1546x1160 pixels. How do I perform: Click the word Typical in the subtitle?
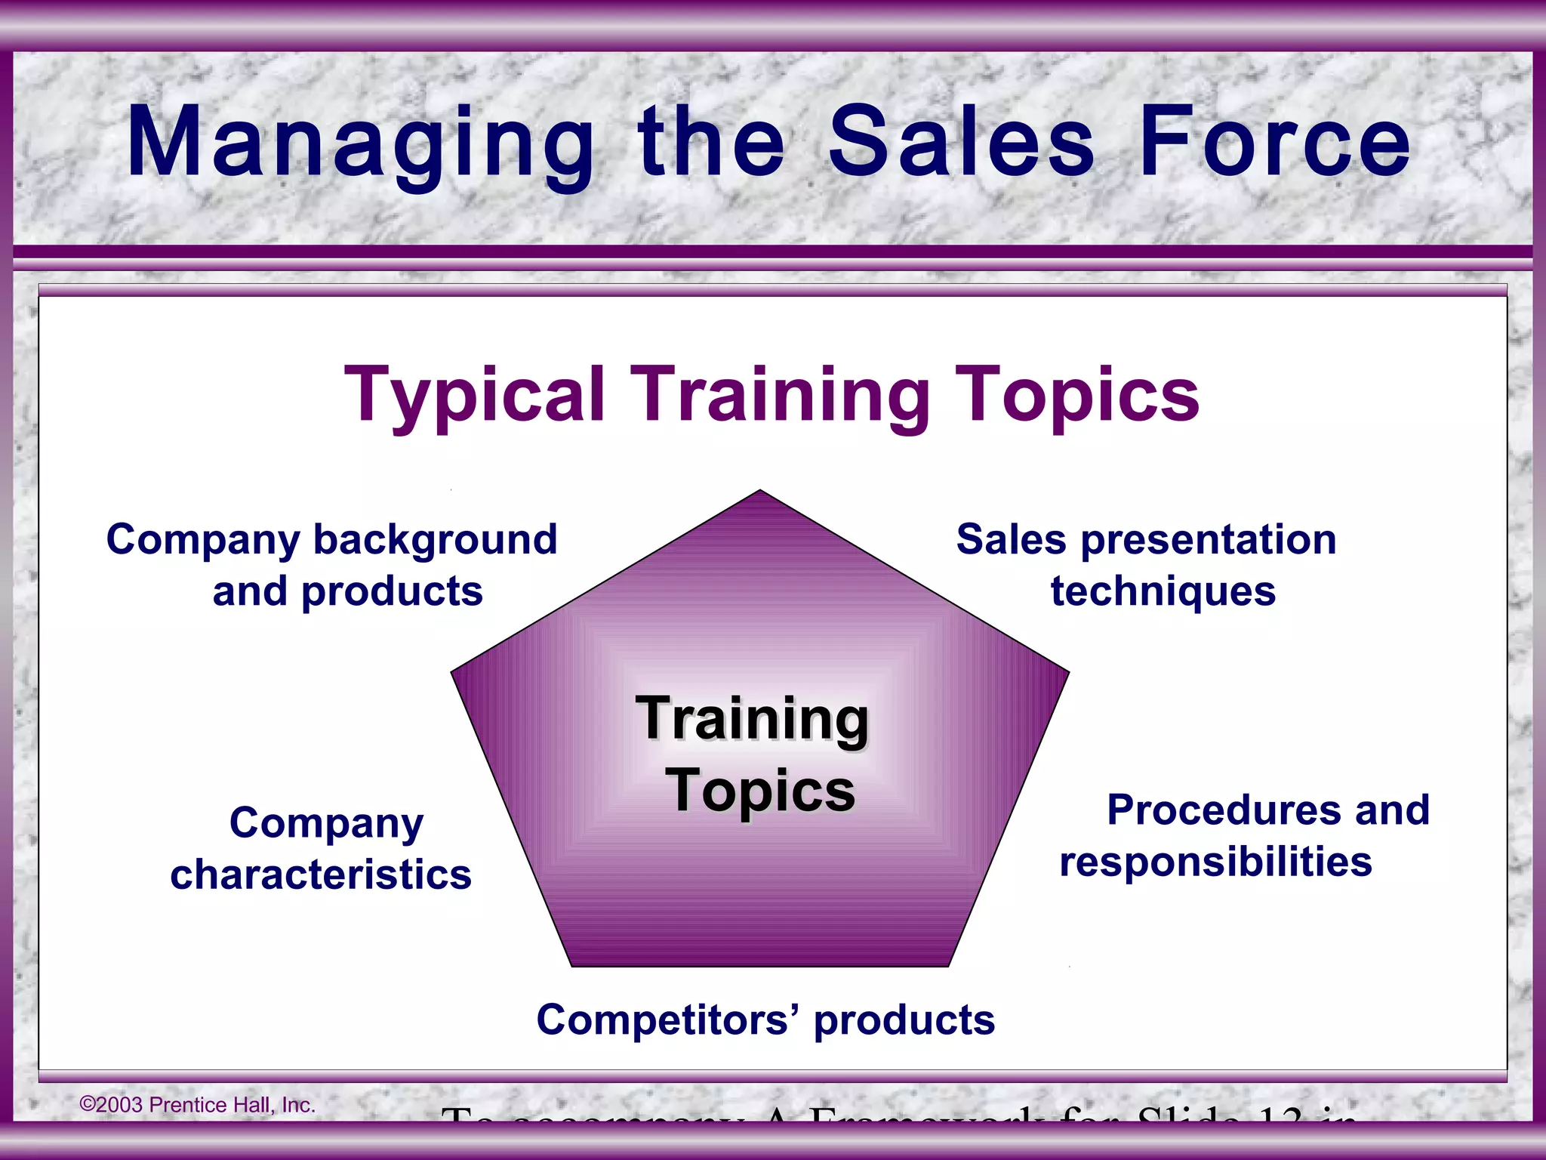pos(474,395)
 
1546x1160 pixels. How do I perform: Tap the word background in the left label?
pos(435,539)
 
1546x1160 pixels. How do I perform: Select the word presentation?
pos(1208,539)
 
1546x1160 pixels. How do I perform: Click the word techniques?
pos(1163,591)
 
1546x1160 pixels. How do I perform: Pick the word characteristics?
pos(321,875)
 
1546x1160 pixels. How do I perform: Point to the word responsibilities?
pos(1215,862)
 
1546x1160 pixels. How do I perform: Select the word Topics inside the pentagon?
pos(760,791)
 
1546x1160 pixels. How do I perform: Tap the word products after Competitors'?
pos(904,1020)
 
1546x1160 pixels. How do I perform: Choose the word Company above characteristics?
pos(326,823)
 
